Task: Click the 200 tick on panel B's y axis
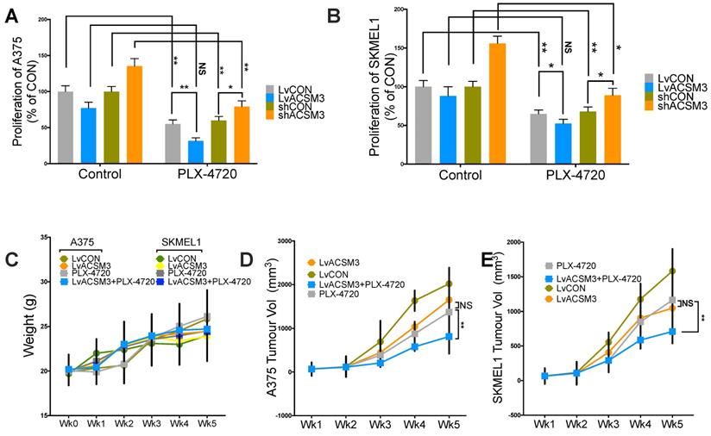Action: pos(400,10)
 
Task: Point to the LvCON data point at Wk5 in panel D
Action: pos(449,283)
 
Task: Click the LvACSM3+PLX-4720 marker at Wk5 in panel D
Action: pos(449,336)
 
